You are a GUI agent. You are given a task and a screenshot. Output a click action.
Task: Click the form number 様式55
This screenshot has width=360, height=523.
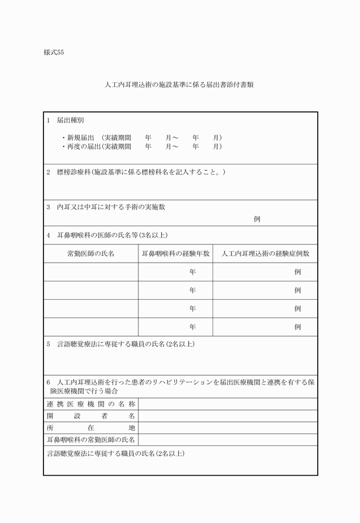[x=54, y=53]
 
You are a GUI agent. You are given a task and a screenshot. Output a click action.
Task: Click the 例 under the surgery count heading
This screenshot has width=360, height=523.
[x=257, y=219]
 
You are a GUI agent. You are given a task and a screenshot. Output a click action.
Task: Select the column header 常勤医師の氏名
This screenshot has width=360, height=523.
[x=91, y=254]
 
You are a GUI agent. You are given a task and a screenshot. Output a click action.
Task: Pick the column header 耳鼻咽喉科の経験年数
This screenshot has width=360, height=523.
[x=175, y=254]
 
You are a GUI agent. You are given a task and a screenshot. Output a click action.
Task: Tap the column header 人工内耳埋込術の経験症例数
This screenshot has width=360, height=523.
[x=265, y=254]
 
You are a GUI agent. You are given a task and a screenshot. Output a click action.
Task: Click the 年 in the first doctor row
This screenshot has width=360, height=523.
[x=193, y=272]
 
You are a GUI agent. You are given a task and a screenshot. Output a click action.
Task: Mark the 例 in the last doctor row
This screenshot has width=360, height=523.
[x=297, y=327]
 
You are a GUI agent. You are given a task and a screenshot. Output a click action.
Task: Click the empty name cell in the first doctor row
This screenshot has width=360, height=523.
[x=91, y=272]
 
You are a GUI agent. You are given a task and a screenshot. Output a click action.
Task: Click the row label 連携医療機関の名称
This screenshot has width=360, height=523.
[x=91, y=404]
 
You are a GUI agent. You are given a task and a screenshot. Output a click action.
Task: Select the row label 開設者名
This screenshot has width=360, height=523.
[x=91, y=416]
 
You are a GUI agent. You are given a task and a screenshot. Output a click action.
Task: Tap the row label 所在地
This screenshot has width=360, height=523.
[x=91, y=428]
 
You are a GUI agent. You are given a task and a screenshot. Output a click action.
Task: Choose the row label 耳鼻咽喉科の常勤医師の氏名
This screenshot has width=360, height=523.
[x=91, y=440]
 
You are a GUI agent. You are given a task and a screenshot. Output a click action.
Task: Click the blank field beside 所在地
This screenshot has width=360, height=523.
[x=227, y=428]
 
